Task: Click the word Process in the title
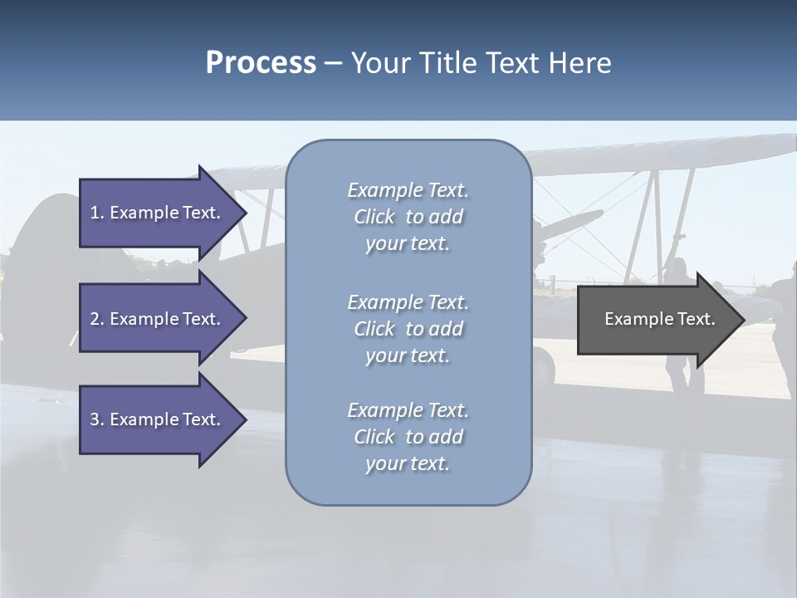[261, 63]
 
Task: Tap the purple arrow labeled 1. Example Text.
[156, 213]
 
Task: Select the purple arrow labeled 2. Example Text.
[156, 319]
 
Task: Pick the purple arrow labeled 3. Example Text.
[156, 419]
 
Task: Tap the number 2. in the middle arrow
[97, 319]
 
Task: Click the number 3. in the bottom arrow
[97, 419]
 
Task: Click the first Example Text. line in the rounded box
[408, 191]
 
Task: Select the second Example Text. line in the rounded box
[408, 302]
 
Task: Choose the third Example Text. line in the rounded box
[408, 410]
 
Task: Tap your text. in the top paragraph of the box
[408, 244]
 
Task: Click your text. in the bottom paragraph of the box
[408, 464]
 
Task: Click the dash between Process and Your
[333, 63]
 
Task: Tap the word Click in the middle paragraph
[374, 329]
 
